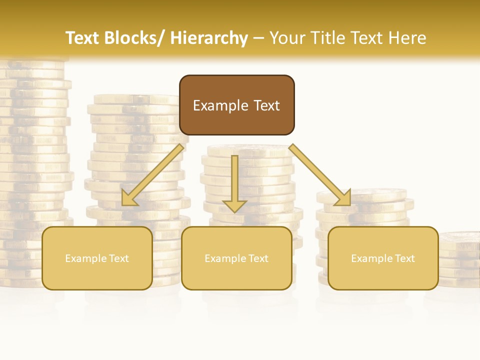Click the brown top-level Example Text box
click(236, 105)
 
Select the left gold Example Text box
click(97, 258)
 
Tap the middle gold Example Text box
click(236, 258)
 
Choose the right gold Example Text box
click(383, 258)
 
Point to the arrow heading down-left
click(153, 175)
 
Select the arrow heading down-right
click(320, 175)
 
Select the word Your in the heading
click(287, 38)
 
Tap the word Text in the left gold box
click(118, 258)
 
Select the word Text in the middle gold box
click(257, 258)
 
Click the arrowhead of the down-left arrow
click(129, 198)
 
